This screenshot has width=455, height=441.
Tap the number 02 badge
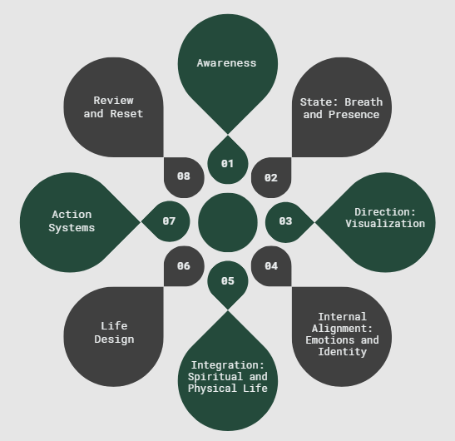(x=271, y=178)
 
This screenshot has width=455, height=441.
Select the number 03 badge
(x=287, y=222)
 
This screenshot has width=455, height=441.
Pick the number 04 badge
(x=271, y=266)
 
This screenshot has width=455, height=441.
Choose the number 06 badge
(x=184, y=266)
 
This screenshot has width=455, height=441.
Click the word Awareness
(x=226, y=63)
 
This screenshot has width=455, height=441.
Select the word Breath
(x=364, y=102)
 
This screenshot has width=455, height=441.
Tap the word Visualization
(x=385, y=224)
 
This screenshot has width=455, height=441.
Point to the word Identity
(x=343, y=352)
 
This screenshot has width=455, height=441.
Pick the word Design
(x=114, y=339)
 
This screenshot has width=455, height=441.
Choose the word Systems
(x=72, y=228)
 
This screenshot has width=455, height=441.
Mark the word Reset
(x=126, y=113)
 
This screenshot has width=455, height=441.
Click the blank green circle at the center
(x=228, y=222)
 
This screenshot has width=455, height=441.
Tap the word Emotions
(x=330, y=340)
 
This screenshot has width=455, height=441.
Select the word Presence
(x=354, y=115)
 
